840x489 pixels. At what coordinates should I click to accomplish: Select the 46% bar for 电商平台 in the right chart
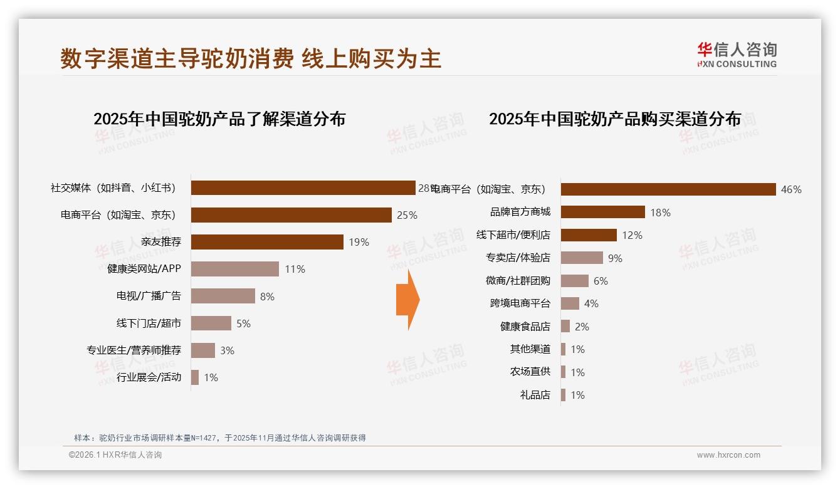click(x=668, y=189)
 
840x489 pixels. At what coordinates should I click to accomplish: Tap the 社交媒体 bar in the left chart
click(x=303, y=188)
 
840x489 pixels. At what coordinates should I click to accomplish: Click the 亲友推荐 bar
click(x=267, y=242)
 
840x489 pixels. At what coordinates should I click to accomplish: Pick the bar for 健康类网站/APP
click(x=234, y=269)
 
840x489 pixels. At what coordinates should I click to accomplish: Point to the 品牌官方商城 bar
click(x=602, y=212)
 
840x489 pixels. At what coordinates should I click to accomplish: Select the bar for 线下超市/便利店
click(x=589, y=235)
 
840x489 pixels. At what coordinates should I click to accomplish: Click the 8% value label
click(x=267, y=297)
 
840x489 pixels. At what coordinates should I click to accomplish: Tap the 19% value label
click(x=359, y=243)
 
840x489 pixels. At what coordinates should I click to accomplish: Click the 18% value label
click(x=660, y=213)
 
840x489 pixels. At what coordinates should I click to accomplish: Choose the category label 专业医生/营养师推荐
click(x=134, y=350)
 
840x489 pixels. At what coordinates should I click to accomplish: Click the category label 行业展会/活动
click(x=149, y=377)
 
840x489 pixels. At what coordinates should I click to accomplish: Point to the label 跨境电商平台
click(x=520, y=303)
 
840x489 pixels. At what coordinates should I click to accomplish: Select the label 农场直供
click(x=530, y=372)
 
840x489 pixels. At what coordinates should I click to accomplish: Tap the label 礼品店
click(x=535, y=395)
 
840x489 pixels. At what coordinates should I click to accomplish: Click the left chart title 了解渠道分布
click(x=219, y=119)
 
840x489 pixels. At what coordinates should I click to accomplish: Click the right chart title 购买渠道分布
click(x=614, y=119)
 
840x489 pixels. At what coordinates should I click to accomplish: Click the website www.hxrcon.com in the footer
click(x=728, y=455)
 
